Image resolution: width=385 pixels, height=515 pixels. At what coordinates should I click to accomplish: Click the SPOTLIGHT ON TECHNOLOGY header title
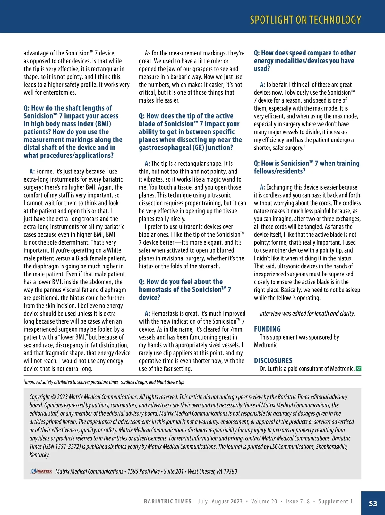click(x=305, y=20)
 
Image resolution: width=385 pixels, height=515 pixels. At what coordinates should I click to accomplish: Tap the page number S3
click(x=373, y=503)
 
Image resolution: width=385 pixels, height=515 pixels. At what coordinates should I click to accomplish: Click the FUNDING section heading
click(x=267, y=329)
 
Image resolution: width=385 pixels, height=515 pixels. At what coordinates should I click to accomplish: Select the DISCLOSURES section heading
click(x=273, y=360)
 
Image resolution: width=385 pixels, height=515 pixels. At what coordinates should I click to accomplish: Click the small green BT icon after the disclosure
click(x=359, y=369)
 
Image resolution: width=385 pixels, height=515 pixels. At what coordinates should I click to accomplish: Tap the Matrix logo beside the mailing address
click(x=41, y=471)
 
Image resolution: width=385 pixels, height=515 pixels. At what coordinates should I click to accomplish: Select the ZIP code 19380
click(x=230, y=471)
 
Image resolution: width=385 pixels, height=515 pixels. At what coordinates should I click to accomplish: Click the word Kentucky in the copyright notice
click(x=39, y=455)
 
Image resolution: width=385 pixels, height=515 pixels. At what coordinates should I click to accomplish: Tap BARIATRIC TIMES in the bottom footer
click(x=167, y=502)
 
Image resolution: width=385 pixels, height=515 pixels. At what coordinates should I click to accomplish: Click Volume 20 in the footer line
click(x=264, y=502)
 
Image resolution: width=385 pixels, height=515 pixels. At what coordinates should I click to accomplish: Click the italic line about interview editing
click(x=307, y=314)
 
